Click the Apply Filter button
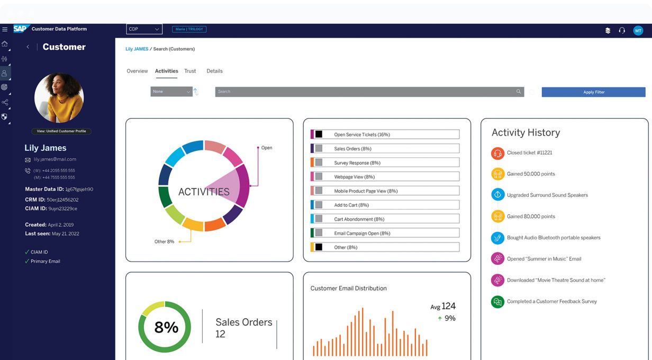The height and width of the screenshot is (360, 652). tap(593, 92)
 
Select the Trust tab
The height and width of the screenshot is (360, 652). tap(190, 71)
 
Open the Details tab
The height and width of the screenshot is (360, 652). tap(214, 71)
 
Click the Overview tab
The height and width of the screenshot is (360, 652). tap(137, 71)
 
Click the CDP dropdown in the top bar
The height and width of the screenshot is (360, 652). tap(144, 29)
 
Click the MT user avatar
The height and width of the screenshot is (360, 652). tap(638, 31)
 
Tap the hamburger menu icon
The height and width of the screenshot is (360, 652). tap(5, 30)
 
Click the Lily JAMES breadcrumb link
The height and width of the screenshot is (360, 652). tap(137, 49)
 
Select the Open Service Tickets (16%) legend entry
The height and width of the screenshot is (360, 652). tap(385, 134)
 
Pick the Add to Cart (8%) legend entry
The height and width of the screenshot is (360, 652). tap(385, 205)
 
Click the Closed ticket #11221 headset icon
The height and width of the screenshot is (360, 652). tap(497, 153)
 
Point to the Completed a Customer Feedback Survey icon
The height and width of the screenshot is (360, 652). tap(497, 302)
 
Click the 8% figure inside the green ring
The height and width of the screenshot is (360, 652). tap(166, 327)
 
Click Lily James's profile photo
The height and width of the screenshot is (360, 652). tap(59, 98)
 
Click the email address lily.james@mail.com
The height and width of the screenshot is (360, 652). tap(55, 159)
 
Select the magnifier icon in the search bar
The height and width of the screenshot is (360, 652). tap(519, 92)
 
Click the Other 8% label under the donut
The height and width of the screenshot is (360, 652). tap(164, 241)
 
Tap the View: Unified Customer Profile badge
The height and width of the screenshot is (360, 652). tap(61, 131)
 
